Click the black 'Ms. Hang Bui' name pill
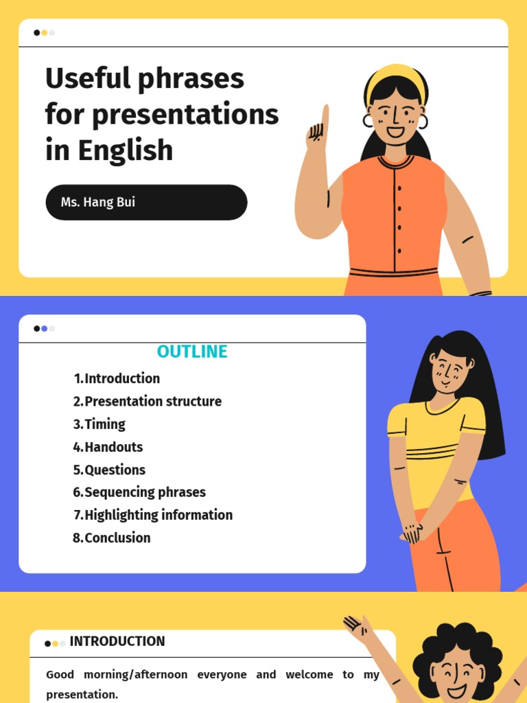pyautogui.click(x=146, y=203)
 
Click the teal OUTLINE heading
pyautogui.click(x=192, y=351)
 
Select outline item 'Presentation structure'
pyautogui.click(x=152, y=401)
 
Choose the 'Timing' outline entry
pyautogui.click(x=104, y=424)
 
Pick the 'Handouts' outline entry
pyautogui.click(x=113, y=447)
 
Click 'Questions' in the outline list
pyautogui.click(x=115, y=470)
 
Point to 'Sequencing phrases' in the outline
pyautogui.click(x=145, y=492)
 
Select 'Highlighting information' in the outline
pyautogui.click(x=158, y=515)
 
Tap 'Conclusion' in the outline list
pyautogui.click(x=117, y=538)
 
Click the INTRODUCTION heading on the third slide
pyautogui.click(x=117, y=641)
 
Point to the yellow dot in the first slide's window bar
pyautogui.click(x=45, y=32)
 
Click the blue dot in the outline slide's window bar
pyautogui.click(x=45, y=329)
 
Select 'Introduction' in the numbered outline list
pyautogui.click(x=121, y=378)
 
